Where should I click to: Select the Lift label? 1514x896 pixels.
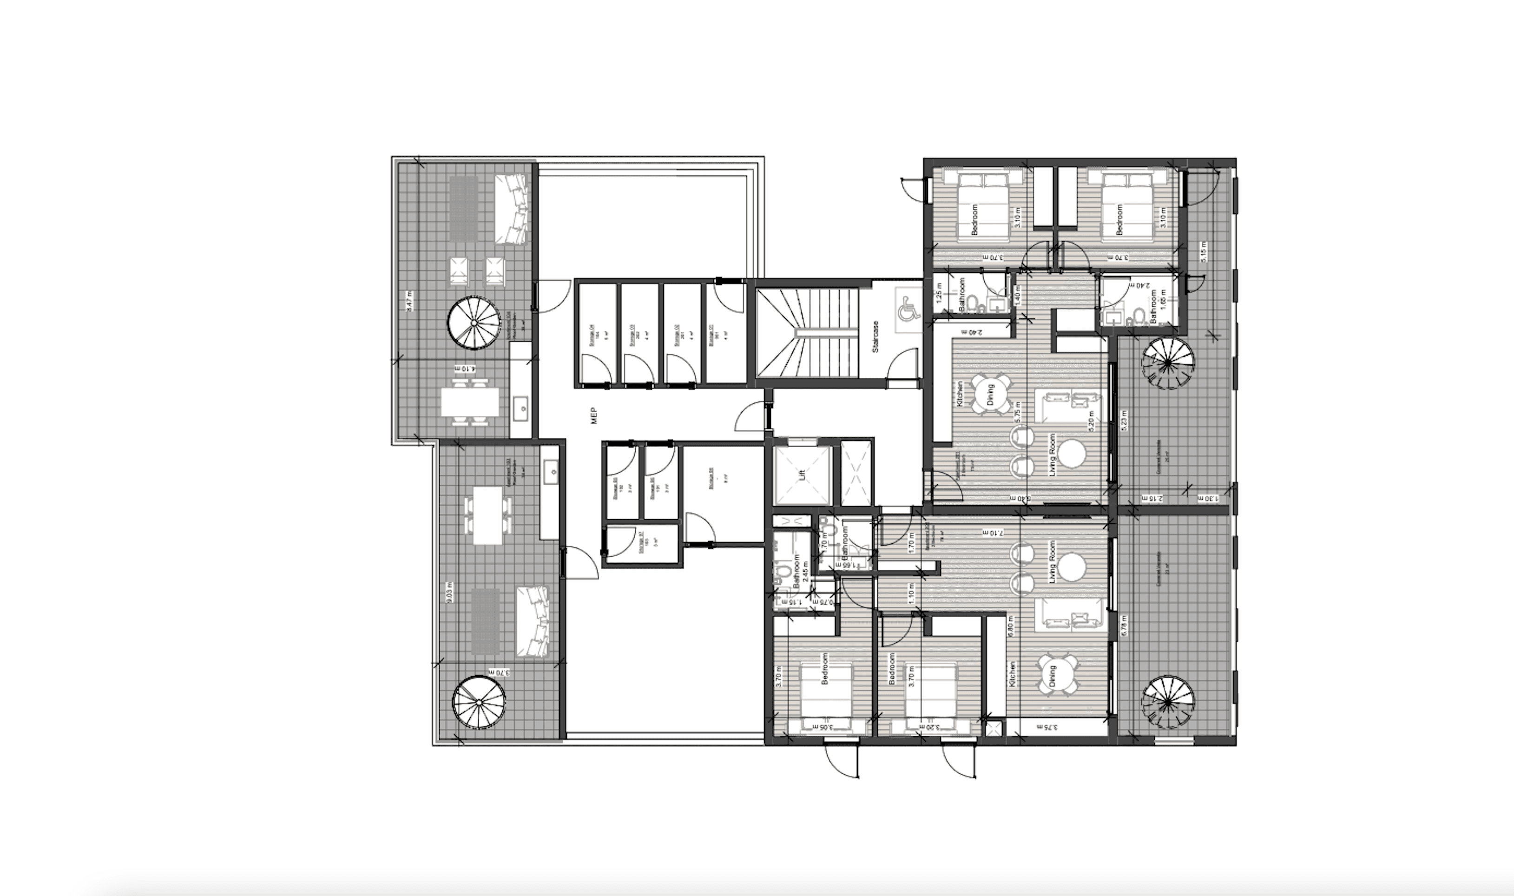(x=802, y=474)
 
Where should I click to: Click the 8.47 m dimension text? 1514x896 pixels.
(x=410, y=300)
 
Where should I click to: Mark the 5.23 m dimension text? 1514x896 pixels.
(x=1124, y=421)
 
